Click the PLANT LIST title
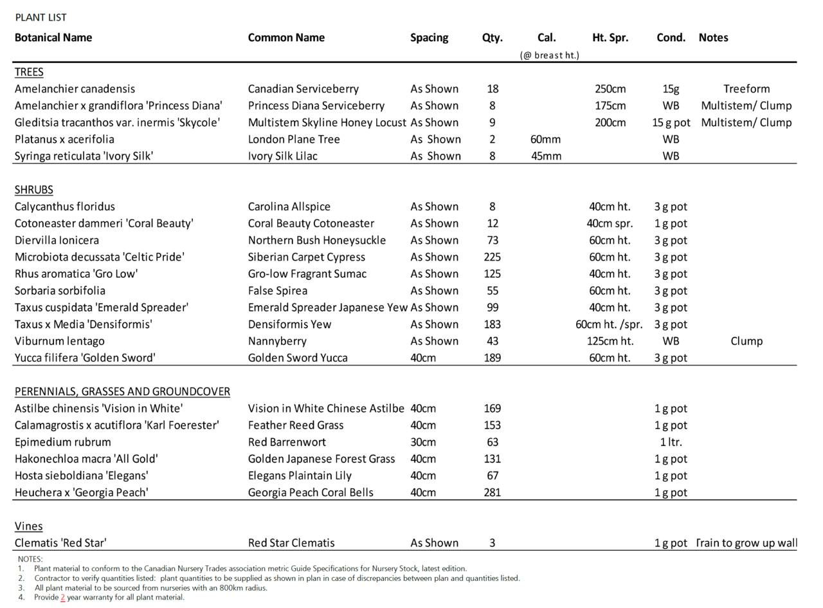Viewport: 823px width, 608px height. coord(41,17)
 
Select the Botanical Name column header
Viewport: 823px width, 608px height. coord(53,37)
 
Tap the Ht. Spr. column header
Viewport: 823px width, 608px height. coord(610,37)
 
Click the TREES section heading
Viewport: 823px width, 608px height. coord(29,72)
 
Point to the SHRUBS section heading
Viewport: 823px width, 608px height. coord(34,190)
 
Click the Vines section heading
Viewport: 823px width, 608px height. coord(29,526)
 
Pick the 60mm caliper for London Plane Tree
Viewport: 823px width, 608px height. coord(547,139)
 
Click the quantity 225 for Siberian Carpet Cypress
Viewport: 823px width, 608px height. coord(492,257)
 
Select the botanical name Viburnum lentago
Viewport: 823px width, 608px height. coord(59,341)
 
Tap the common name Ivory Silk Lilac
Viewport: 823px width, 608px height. coord(282,156)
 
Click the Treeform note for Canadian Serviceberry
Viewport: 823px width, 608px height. coord(746,89)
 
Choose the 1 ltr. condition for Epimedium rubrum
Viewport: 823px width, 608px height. coord(671,442)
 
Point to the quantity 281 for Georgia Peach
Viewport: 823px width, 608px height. coord(492,493)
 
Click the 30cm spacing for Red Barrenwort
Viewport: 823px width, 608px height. coord(423,442)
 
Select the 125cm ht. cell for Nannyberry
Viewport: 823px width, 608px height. coord(610,341)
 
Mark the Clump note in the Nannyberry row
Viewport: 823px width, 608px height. coord(746,341)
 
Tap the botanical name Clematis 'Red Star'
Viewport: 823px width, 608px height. coord(60,543)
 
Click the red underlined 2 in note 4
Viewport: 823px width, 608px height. coord(63,597)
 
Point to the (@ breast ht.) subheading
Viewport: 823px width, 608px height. coord(549,55)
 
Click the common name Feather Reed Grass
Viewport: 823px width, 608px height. coord(296,425)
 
